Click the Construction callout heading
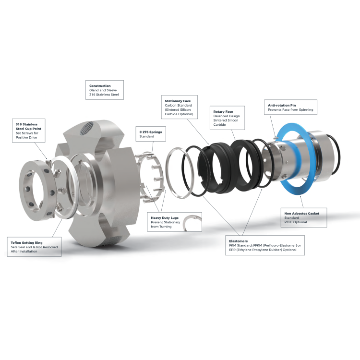(x=100, y=86)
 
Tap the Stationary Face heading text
(x=178, y=101)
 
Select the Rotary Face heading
(x=223, y=111)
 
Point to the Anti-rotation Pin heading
(x=282, y=106)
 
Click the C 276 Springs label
(x=151, y=132)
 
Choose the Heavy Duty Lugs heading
(x=165, y=218)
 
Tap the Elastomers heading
(x=238, y=241)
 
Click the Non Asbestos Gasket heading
(x=302, y=214)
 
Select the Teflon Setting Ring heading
(x=26, y=243)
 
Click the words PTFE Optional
(x=296, y=222)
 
